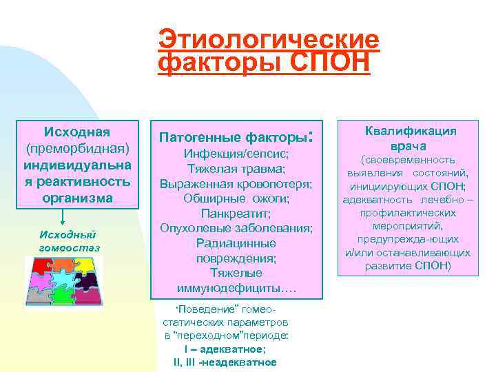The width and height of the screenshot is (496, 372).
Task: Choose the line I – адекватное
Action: [225, 350]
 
